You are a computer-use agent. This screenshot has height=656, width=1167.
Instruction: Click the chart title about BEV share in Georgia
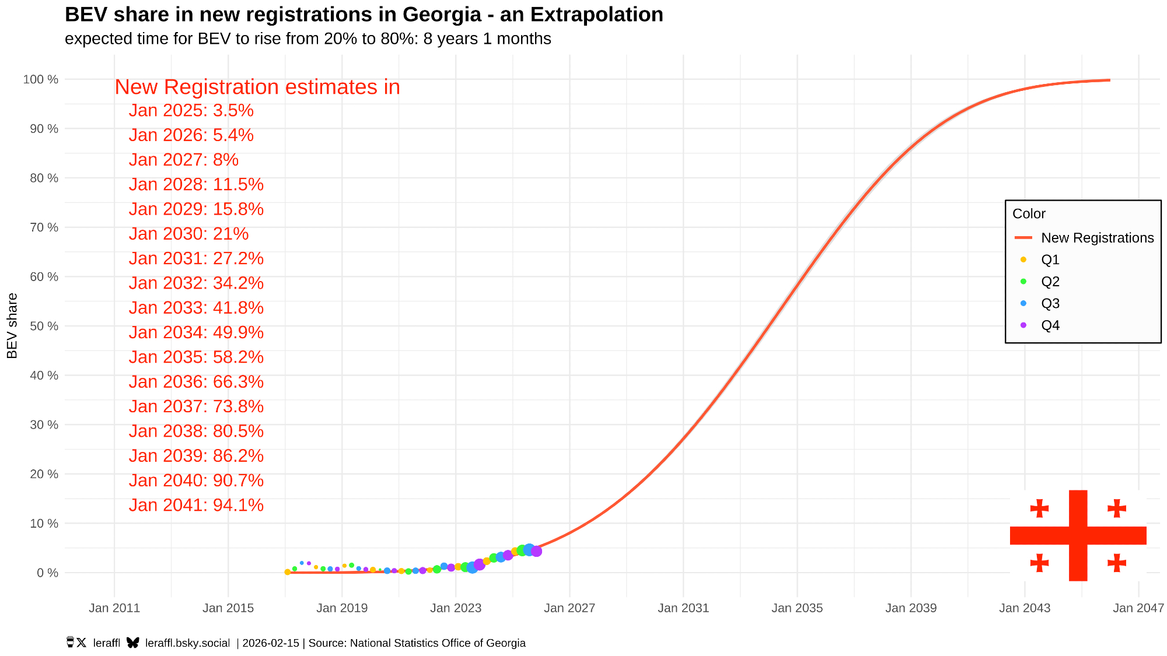point(364,15)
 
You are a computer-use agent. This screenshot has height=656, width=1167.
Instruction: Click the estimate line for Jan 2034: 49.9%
point(196,332)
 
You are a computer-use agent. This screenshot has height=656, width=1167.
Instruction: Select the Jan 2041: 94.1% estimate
point(196,505)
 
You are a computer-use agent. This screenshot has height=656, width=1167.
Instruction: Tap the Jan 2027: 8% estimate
point(183,160)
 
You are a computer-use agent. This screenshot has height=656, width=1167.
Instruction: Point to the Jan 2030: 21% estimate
point(188,234)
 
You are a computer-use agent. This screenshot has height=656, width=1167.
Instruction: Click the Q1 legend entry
point(1050,259)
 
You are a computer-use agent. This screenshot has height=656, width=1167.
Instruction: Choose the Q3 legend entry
point(1050,303)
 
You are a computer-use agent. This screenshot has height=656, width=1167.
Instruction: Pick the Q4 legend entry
point(1050,325)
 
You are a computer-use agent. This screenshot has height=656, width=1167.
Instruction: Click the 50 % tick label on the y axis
point(44,326)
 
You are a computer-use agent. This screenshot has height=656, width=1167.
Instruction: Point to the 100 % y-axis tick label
point(41,79)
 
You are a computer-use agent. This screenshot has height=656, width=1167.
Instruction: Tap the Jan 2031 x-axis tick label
point(683,608)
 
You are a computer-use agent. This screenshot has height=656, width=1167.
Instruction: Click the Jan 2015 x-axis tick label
point(228,608)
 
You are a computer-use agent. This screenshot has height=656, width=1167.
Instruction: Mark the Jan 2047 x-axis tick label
point(1138,608)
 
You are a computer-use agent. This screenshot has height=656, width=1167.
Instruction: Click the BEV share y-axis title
point(12,326)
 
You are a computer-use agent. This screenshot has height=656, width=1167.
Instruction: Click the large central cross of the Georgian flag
point(1078,535)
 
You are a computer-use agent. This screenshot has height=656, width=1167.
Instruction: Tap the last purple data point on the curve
point(536,551)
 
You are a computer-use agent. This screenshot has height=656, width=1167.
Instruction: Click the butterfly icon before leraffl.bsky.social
point(133,643)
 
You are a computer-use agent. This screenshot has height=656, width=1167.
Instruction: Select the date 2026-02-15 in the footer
point(271,643)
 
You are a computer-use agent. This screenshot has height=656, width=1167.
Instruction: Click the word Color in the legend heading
point(1029,214)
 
